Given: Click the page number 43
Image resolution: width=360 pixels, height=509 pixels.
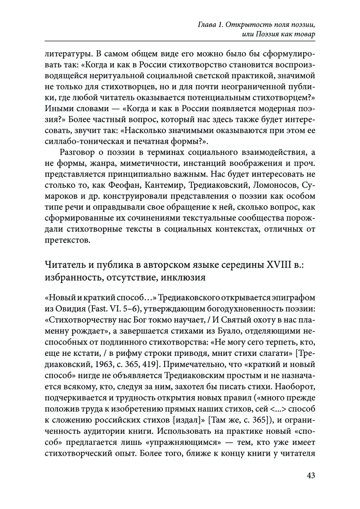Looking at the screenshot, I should (311, 475).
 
